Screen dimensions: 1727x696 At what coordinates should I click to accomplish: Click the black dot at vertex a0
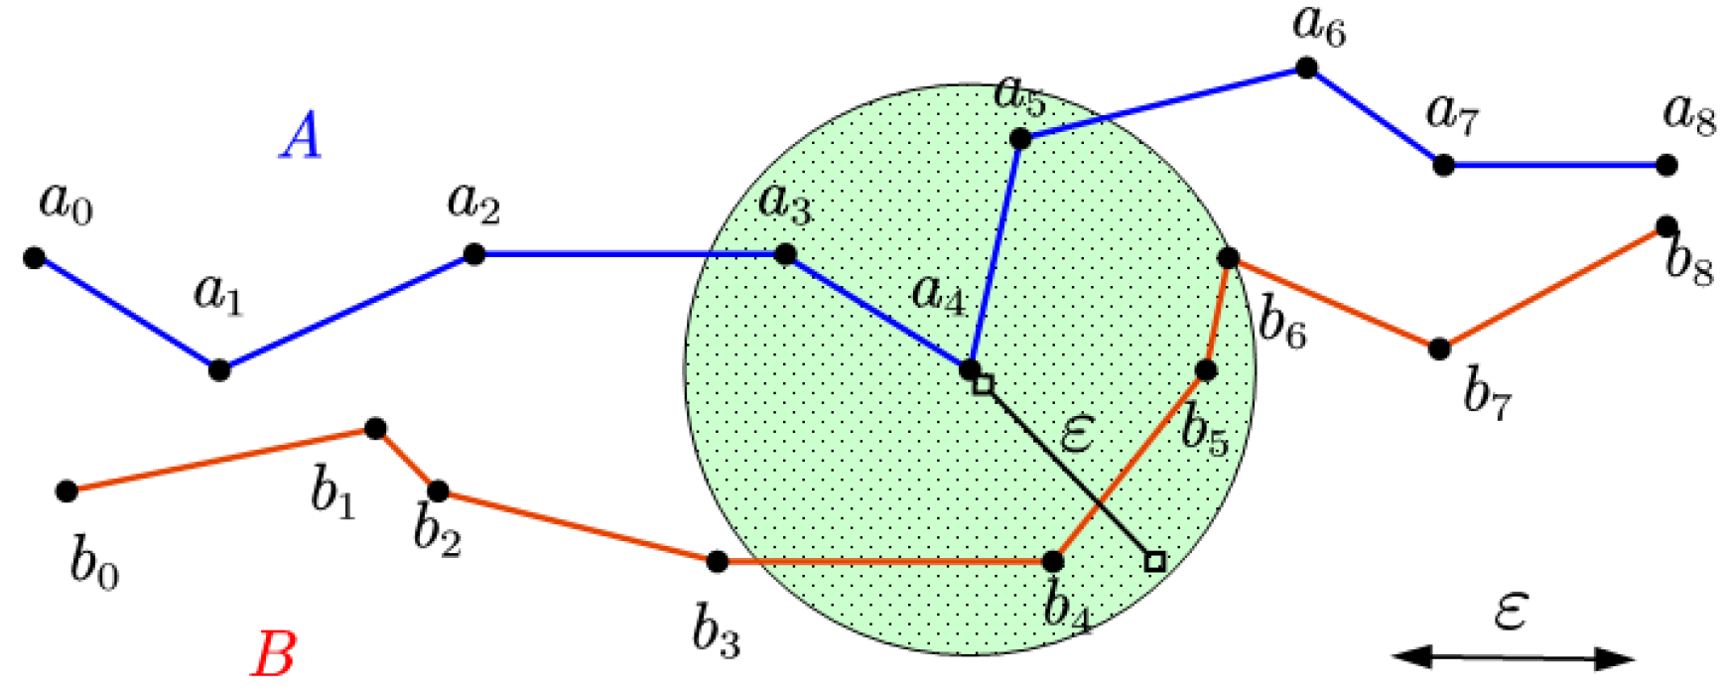(x=34, y=258)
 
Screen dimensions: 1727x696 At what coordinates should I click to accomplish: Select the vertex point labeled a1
(x=219, y=370)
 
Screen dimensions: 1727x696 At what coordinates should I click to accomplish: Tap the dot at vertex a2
(x=474, y=254)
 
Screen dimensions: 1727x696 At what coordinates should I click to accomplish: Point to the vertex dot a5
(x=1020, y=138)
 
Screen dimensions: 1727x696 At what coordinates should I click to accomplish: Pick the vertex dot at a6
(x=1306, y=68)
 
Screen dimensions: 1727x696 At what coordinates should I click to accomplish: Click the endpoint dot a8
(x=1666, y=165)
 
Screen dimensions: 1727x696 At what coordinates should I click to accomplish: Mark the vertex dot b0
(x=66, y=490)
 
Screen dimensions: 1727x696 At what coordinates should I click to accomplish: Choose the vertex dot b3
(x=718, y=562)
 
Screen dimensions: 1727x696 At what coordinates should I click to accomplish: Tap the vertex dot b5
(x=1206, y=370)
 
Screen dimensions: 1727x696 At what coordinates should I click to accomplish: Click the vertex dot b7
(x=1439, y=348)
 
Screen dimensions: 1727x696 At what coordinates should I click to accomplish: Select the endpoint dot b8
(x=1666, y=227)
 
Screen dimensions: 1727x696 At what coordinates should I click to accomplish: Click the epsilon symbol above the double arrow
(x=1510, y=611)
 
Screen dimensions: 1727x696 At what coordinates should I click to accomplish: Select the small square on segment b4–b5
(x=1154, y=562)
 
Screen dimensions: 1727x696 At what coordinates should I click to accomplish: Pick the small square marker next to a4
(x=983, y=385)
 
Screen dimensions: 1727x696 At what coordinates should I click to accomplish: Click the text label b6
(x=1281, y=324)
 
